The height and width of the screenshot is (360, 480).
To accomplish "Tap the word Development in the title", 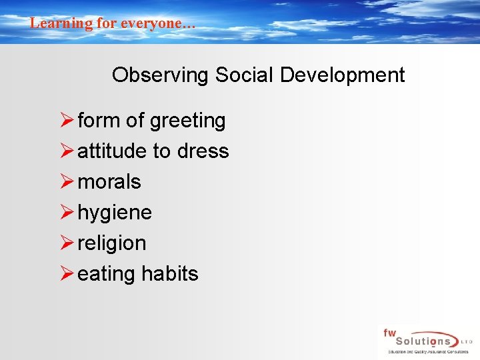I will (x=342, y=75).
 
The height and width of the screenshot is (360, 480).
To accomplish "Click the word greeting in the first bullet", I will (x=187, y=121).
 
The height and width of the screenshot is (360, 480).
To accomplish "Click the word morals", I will (x=109, y=182).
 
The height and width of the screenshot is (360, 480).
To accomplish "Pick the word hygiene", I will (x=115, y=213).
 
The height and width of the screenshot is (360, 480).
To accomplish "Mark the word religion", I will (x=111, y=244).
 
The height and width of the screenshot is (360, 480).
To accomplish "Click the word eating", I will (x=106, y=275).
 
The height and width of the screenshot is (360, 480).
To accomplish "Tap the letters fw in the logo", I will (x=389, y=332).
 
